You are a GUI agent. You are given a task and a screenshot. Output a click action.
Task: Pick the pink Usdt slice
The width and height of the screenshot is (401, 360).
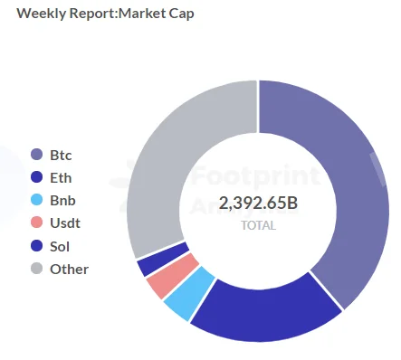(172, 275)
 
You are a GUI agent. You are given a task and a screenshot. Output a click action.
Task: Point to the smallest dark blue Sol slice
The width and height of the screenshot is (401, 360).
(162, 259)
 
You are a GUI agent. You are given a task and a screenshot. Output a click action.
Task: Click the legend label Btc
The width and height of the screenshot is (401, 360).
(61, 156)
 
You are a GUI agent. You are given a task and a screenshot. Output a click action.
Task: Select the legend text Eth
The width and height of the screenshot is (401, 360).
(61, 178)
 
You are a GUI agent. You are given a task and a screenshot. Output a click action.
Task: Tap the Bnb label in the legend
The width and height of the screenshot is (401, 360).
(62, 201)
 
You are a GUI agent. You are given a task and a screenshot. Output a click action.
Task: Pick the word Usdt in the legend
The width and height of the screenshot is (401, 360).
(65, 223)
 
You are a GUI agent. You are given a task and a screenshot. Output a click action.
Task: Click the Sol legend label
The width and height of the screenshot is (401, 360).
(60, 246)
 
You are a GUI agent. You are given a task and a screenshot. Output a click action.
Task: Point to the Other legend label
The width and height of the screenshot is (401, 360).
(70, 269)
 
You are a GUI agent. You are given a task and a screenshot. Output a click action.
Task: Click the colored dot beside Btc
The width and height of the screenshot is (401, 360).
(37, 155)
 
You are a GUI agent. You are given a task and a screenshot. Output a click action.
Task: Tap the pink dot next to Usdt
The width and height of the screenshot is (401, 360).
(37, 223)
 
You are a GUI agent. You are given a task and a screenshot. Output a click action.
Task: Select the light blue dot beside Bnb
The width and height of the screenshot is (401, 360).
(37, 200)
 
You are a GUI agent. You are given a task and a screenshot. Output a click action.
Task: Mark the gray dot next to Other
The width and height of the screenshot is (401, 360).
(37, 268)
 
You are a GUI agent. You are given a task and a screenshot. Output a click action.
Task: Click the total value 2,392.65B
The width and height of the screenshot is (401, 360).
(258, 203)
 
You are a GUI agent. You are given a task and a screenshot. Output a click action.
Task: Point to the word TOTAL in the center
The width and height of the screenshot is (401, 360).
(259, 225)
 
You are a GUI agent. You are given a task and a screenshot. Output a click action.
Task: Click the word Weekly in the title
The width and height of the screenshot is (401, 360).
(41, 14)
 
